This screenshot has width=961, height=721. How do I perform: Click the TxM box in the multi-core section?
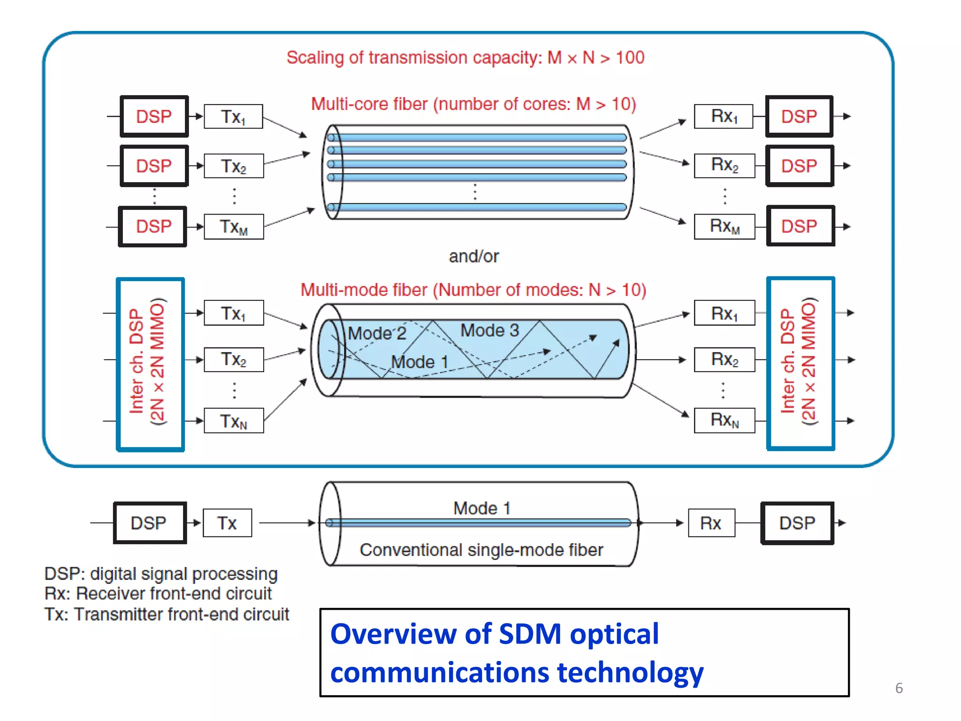point(234,227)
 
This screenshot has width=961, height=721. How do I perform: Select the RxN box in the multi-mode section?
point(725,420)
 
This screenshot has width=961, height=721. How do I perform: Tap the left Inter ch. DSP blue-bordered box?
point(150,364)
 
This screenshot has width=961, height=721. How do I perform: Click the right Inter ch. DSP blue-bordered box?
point(801,363)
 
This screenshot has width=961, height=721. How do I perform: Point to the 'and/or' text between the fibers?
point(473,256)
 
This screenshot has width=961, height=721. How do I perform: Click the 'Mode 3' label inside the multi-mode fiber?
point(489,330)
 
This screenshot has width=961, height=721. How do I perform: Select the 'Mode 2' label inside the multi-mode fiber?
point(377,333)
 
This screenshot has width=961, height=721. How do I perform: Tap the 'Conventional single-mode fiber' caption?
point(481,550)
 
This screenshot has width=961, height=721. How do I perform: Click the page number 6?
point(899,688)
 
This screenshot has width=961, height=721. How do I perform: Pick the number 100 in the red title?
point(630,58)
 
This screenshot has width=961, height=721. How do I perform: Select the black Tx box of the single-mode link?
point(227,523)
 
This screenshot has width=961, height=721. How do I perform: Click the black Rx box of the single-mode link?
point(711,523)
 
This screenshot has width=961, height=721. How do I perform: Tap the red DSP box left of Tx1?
point(154,116)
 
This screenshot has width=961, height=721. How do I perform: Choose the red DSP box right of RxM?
point(800,226)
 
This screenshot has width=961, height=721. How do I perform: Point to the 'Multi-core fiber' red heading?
point(370,104)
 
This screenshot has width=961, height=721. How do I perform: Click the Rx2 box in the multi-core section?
point(725,165)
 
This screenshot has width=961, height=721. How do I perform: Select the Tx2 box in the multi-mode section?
point(234,360)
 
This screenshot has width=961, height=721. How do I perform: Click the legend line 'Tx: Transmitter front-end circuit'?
point(167,614)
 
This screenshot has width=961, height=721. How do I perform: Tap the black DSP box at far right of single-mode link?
point(797,523)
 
